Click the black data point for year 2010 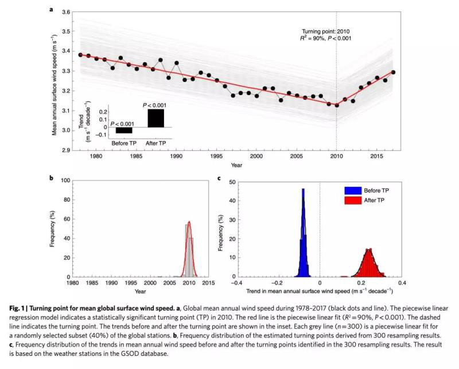tap(337, 105)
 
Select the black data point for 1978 tap(80, 54)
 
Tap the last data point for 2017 tap(394, 72)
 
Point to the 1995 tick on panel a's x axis tap(217, 156)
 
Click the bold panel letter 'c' tap(219, 177)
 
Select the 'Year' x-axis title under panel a tap(236, 164)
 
